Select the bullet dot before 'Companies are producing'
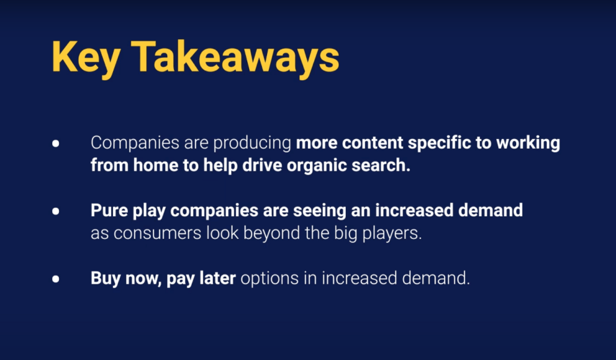(56, 143)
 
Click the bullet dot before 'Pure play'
(56, 211)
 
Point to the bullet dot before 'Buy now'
(56, 279)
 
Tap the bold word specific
(439, 143)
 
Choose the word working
(528, 143)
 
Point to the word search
(381, 166)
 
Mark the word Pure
(109, 210)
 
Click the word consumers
(158, 234)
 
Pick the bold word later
(217, 278)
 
